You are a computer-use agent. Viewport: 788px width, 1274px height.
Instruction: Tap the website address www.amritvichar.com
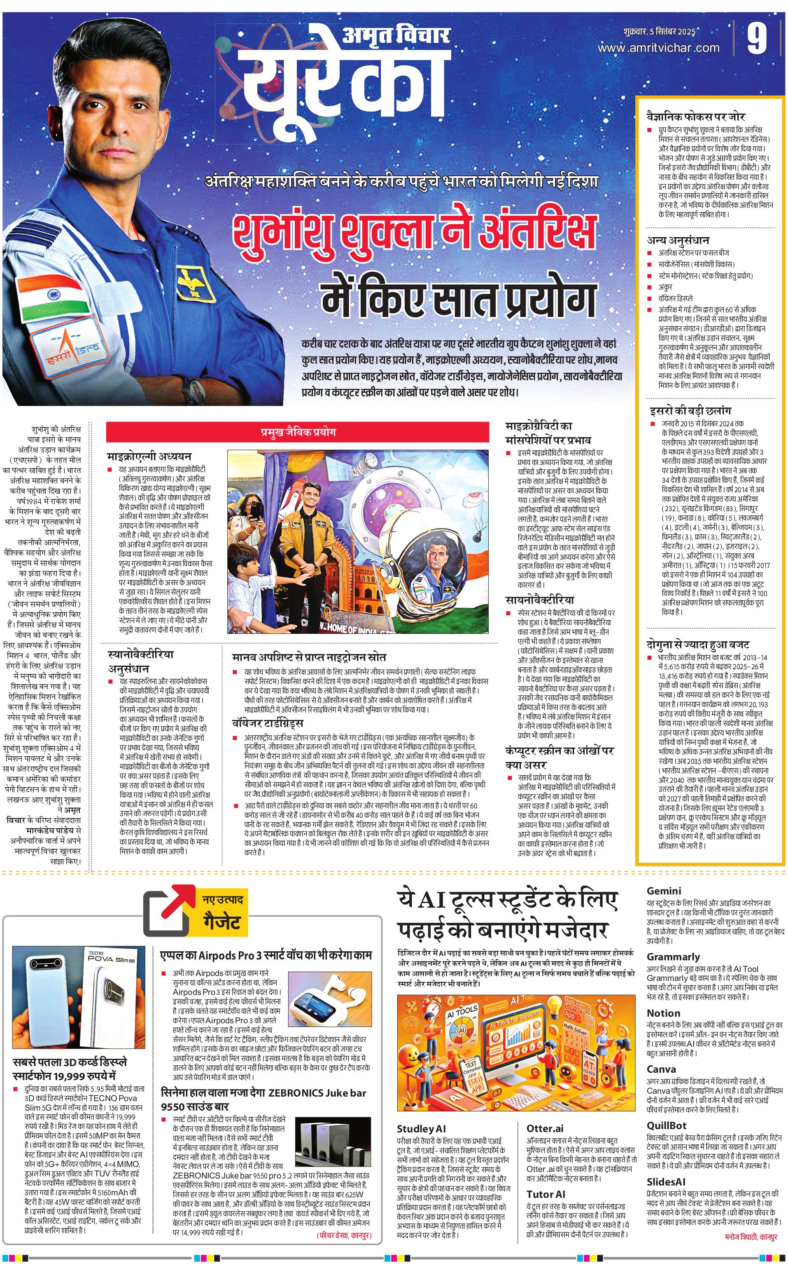pyautogui.click(x=658, y=47)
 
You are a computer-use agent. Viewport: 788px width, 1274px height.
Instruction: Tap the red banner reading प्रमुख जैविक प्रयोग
pyautogui.click(x=298, y=432)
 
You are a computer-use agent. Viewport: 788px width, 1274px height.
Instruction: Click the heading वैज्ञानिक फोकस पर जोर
pyautogui.click(x=696, y=117)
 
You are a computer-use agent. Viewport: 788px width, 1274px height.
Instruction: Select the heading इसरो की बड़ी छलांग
pyautogui.click(x=690, y=410)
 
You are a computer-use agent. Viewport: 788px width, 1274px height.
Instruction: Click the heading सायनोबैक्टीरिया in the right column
pyautogui.click(x=539, y=600)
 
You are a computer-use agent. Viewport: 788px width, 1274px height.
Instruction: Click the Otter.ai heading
pyautogui.click(x=545, y=1128)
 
